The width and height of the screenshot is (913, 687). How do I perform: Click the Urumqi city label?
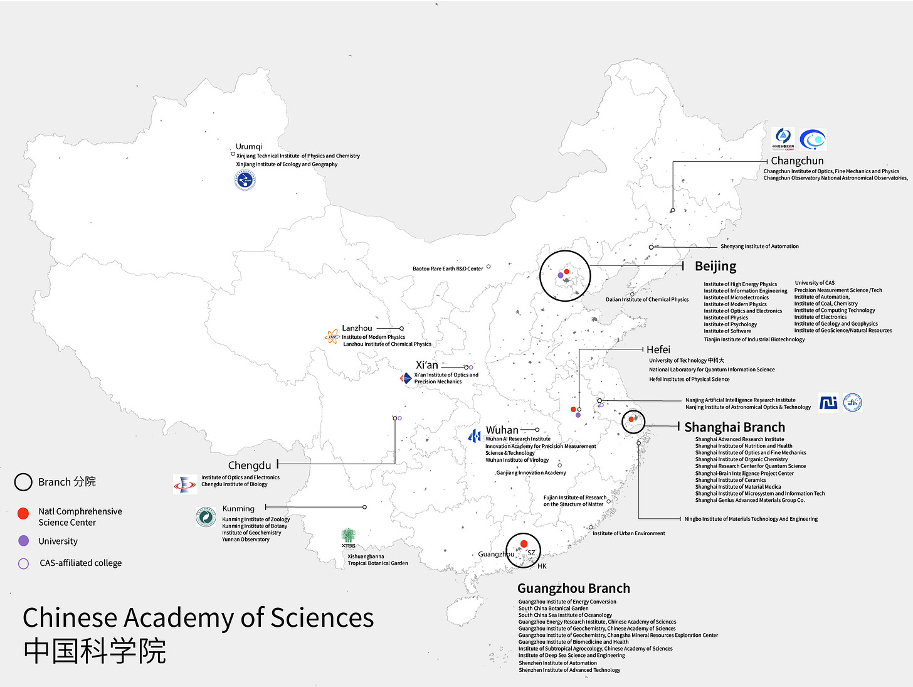(x=249, y=147)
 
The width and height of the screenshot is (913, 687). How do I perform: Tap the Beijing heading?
(x=715, y=266)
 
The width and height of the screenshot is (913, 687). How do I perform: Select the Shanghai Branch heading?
(x=734, y=427)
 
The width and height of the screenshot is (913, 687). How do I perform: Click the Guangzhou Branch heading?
(x=574, y=588)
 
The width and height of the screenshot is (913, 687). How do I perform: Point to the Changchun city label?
(x=797, y=161)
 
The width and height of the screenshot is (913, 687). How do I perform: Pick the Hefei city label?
(x=658, y=349)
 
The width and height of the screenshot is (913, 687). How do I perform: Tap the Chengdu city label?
(x=250, y=466)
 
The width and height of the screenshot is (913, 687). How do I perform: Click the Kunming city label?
(x=238, y=509)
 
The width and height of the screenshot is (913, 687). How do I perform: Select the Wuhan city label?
(x=502, y=430)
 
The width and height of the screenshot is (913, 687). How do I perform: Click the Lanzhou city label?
(x=357, y=328)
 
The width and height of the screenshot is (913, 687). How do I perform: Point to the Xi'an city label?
(x=427, y=365)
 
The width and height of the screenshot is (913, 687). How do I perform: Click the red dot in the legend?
(x=23, y=513)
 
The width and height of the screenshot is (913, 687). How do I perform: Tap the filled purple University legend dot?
(x=23, y=541)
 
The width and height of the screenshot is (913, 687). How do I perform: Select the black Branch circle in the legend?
(x=23, y=482)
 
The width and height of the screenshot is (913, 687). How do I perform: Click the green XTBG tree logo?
(x=348, y=535)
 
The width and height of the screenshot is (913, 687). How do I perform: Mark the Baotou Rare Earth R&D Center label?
(x=448, y=269)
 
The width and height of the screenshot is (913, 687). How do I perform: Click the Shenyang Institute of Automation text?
(x=759, y=247)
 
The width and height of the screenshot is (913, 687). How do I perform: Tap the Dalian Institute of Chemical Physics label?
(x=647, y=300)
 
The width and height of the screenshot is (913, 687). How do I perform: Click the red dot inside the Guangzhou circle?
(x=524, y=544)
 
